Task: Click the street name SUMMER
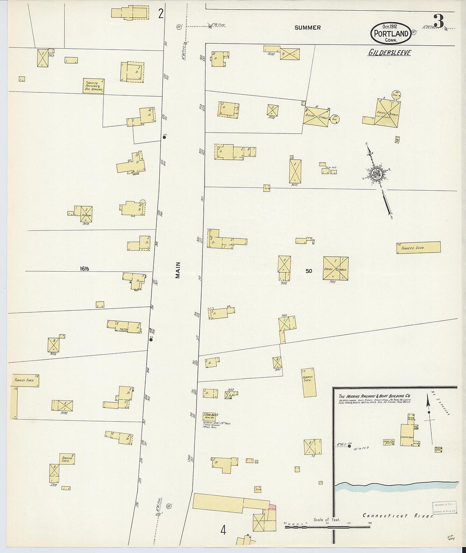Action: [x=308, y=28]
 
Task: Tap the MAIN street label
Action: [x=178, y=270]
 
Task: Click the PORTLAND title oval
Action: [x=391, y=33]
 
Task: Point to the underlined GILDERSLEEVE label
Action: [x=389, y=53]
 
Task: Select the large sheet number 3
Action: [x=439, y=21]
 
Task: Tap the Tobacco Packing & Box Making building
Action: [x=94, y=86]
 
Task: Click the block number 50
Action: [x=309, y=271]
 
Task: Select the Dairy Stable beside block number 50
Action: [x=336, y=268]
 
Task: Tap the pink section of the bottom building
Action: [x=272, y=507]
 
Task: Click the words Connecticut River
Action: [x=398, y=516]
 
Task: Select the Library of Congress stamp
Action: [x=444, y=507]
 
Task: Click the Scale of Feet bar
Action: [x=327, y=527]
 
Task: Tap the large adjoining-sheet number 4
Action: [x=223, y=530]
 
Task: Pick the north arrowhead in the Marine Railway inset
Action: [x=428, y=412]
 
